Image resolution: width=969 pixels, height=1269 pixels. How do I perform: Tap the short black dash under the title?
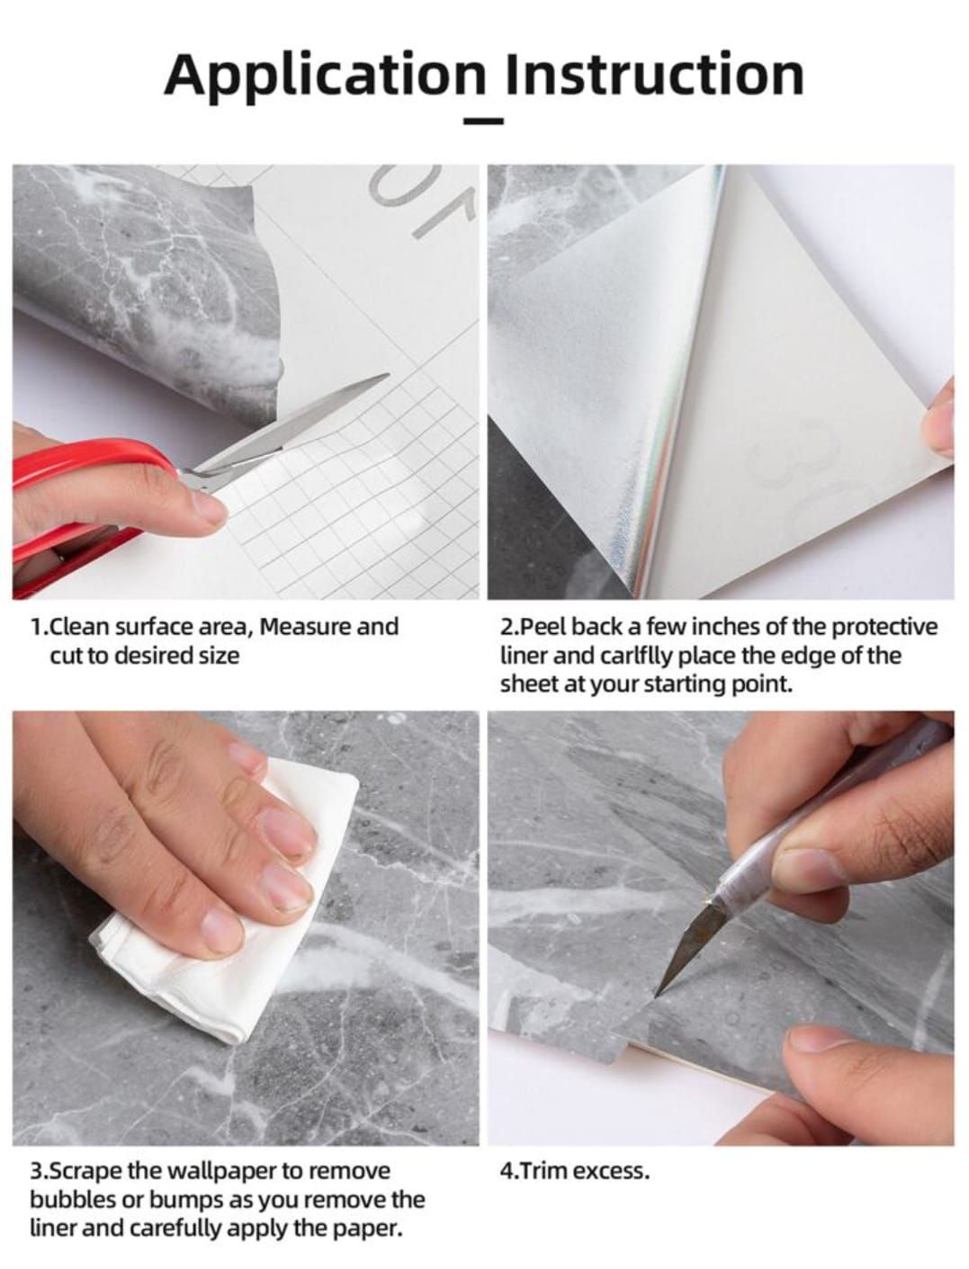click(x=484, y=119)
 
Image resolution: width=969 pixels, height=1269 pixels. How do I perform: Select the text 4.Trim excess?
click(x=574, y=1171)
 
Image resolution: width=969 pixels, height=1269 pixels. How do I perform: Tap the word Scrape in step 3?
click(x=94, y=1171)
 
